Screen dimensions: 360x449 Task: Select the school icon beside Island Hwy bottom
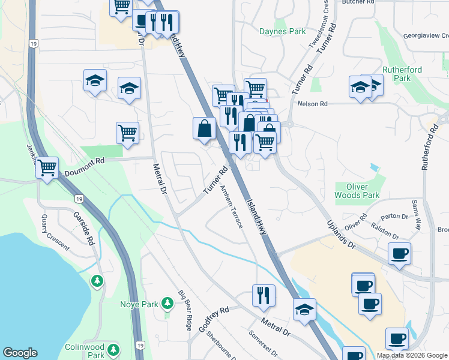click(x=305, y=309)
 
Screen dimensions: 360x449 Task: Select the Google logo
click(x=20, y=353)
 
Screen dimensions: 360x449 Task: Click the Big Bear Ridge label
click(x=184, y=310)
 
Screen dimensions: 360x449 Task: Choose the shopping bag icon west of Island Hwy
click(x=204, y=128)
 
